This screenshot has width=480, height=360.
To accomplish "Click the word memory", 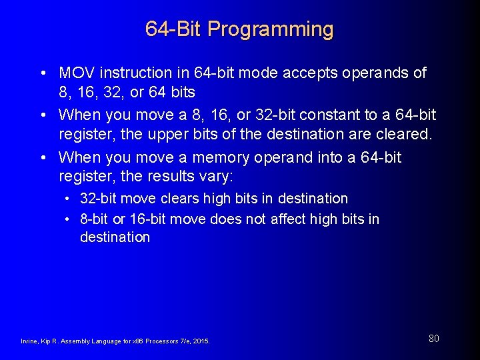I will (x=224, y=158).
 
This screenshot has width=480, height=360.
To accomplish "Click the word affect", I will (x=289, y=219).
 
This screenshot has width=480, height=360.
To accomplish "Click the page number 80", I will (x=433, y=339).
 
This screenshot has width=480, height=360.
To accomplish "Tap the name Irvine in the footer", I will (x=30, y=341).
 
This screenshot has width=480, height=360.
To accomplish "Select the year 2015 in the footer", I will (x=200, y=341).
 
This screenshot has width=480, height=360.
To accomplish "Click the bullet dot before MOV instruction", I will (x=42, y=73).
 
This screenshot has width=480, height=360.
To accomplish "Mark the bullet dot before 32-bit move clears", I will (x=69, y=199).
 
